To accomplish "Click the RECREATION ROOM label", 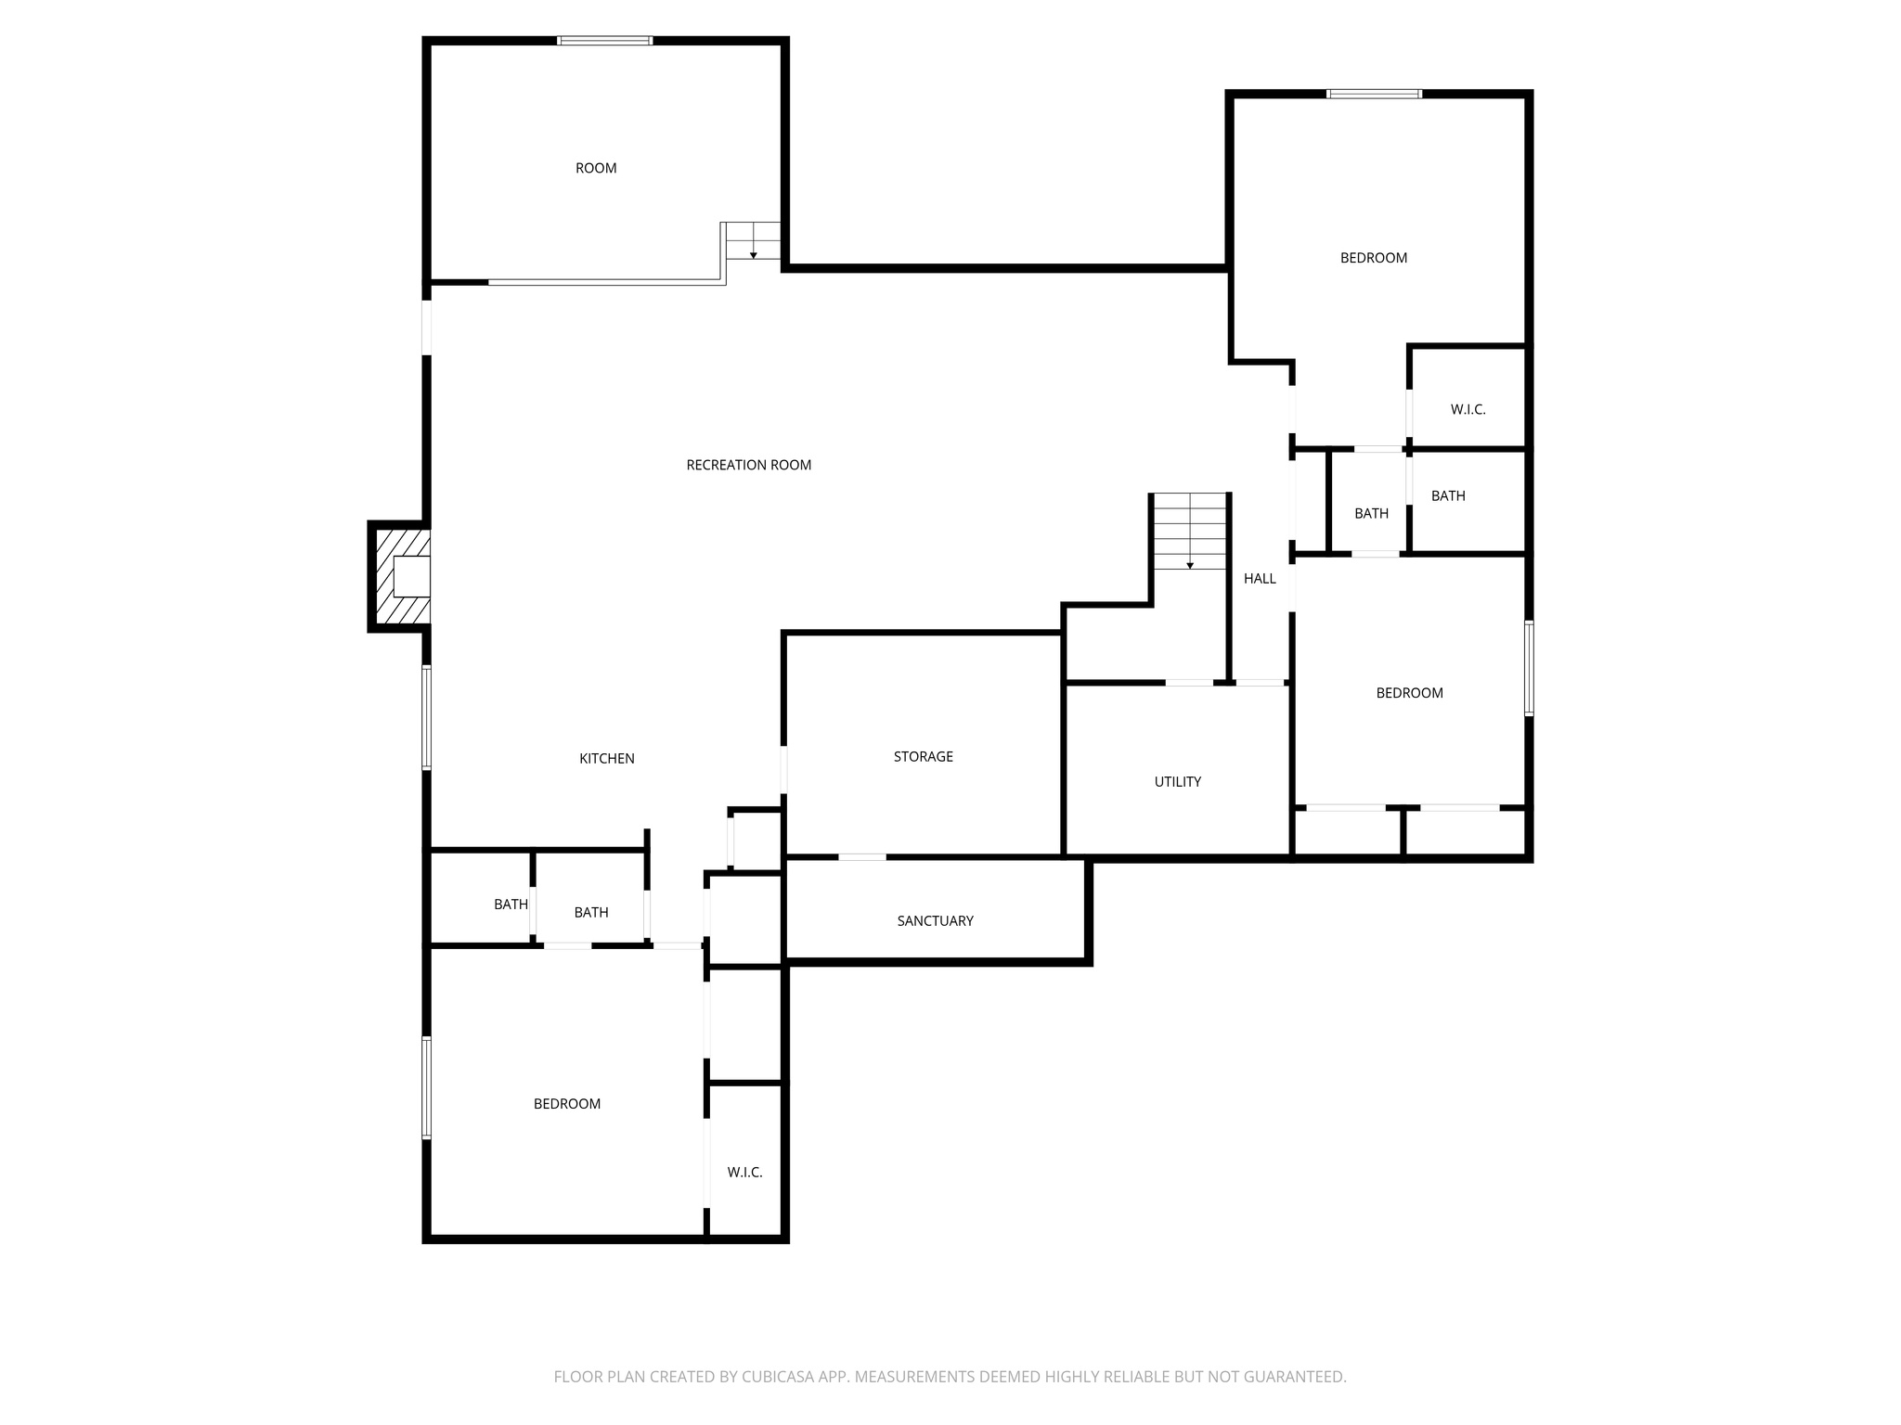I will pos(748,465).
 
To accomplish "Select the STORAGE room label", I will pos(923,756).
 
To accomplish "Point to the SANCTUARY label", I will pos(935,920).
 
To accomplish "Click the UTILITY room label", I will pos(1177,781).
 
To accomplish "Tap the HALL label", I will pos(1260,578).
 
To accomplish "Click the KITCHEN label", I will pos(606,758).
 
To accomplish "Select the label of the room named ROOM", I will pos(596,168).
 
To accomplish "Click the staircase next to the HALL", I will pos(1190,533).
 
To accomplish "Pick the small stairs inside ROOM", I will pos(753,240).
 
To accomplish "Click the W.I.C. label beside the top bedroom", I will pos(1468,409).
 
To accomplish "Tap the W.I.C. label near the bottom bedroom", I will pos(744,1172).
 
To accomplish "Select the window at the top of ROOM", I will pos(604,41).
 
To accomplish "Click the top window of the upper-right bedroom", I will pos(1374,94).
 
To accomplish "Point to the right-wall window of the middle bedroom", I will pos(1529,668).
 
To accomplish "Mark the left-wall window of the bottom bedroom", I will pos(427,1087).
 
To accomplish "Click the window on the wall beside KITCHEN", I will pos(427,717).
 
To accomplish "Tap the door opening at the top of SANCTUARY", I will pos(862,856).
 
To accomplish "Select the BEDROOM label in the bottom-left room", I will pos(566,1103).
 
